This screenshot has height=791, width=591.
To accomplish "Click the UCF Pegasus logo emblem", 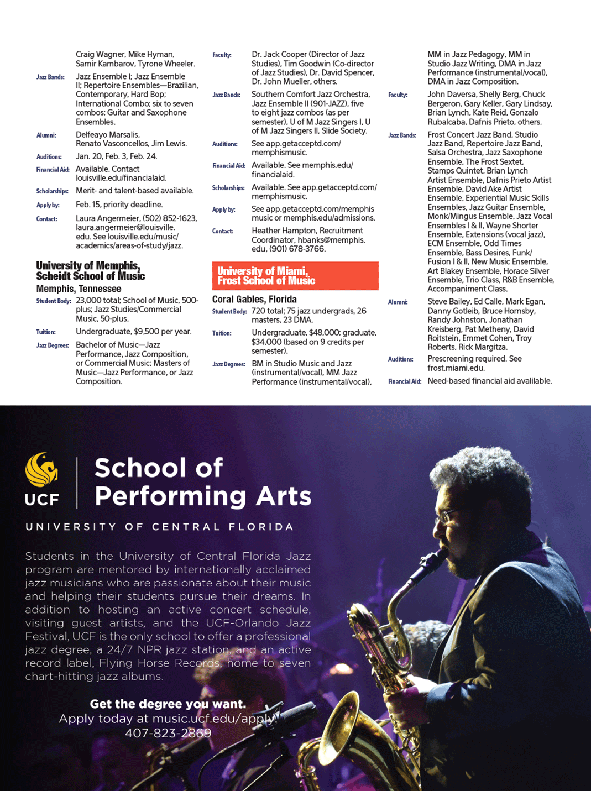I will (41, 470).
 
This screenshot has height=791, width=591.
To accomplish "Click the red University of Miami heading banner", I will (295, 276).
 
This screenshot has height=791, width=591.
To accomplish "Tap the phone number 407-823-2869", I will (168, 734).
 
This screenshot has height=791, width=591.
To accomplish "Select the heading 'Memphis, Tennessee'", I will (79, 289).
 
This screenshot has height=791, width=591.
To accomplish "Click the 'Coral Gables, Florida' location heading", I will (254, 299).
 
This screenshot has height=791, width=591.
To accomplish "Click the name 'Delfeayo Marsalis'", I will (108, 135).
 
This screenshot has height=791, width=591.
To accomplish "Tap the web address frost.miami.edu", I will (456, 368).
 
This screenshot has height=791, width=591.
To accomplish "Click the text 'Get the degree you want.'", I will (168, 704).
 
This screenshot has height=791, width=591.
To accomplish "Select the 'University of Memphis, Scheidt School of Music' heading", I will (90, 271).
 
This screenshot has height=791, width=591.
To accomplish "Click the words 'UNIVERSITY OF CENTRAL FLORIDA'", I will (159, 527).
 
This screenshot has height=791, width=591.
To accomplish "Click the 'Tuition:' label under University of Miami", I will (221, 333).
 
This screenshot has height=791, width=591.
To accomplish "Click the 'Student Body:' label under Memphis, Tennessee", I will (54, 301).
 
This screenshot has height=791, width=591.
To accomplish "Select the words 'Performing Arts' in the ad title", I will (203, 496).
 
